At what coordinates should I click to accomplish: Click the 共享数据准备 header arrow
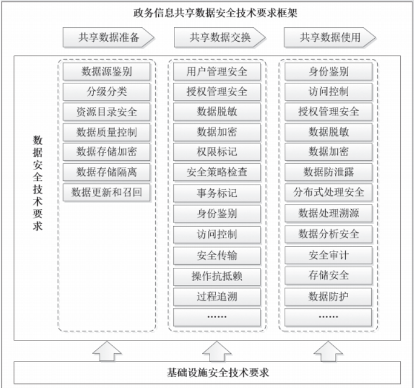click(107, 38)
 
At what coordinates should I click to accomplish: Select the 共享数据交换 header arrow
click(217, 38)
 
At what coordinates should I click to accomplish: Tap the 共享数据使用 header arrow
click(329, 38)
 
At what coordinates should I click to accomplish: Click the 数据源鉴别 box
click(107, 72)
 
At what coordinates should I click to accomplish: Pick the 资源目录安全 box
click(107, 112)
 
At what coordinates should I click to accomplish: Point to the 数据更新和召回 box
click(107, 191)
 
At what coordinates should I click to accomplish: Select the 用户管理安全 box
click(217, 72)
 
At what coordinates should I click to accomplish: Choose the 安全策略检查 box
click(217, 172)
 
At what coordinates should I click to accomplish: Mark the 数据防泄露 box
click(329, 172)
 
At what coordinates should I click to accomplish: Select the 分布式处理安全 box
click(329, 191)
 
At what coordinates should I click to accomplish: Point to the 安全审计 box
click(329, 255)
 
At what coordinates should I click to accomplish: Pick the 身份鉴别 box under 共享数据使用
click(329, 72)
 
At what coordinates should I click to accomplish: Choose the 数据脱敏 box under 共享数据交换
click(217, 112)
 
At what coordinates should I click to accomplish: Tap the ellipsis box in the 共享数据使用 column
click(329, 317)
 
